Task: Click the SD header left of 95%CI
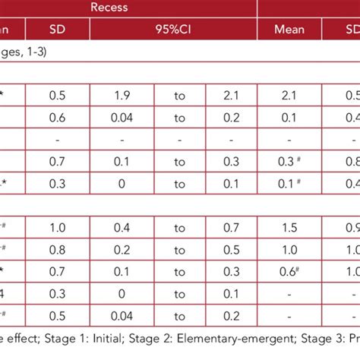click(57, 30)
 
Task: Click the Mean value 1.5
click(289, 226)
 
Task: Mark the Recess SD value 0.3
click(57, 183)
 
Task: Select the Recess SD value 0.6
click(57, 118)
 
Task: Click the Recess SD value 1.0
click(57, 226)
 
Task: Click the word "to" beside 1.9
click(179, 97)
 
